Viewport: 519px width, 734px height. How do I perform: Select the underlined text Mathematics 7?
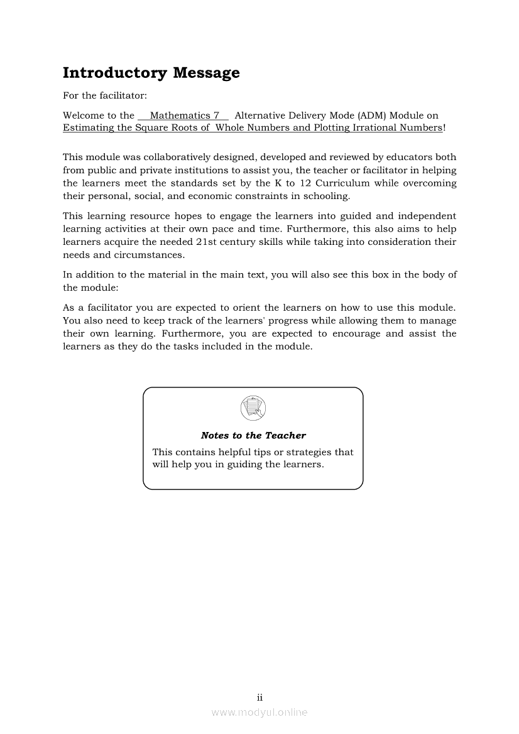pos(185,116)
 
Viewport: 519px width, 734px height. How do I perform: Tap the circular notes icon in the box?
pos(253,408)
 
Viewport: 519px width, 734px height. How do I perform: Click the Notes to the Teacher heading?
pos(253,435)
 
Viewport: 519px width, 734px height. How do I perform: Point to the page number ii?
pos(259,698)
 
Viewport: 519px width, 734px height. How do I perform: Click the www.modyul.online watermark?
pos(259,712)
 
